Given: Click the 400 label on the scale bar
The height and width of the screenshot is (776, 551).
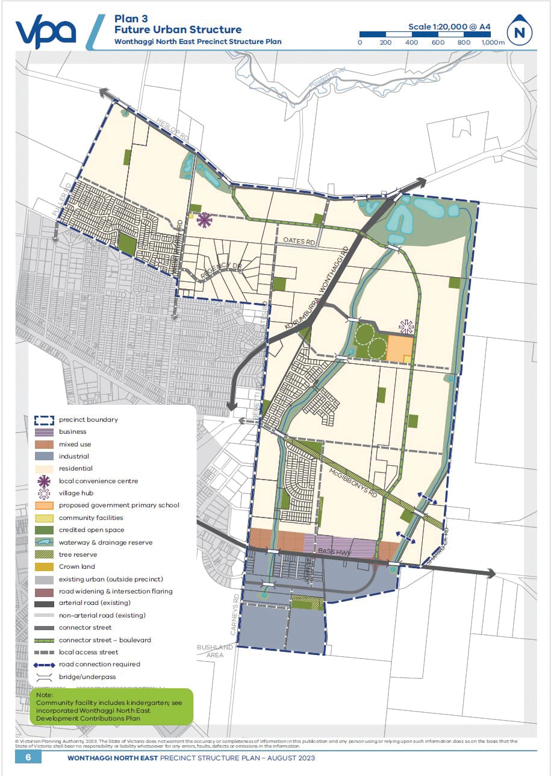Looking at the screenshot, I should point(411,43).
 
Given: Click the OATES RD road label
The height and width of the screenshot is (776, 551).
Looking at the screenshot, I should point(299,242).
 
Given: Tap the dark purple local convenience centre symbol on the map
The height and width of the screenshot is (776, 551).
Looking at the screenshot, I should point(205,221).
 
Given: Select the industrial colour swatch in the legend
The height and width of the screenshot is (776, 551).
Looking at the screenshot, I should point(43,456).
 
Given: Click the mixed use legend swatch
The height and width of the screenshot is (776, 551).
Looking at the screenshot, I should point(43,444).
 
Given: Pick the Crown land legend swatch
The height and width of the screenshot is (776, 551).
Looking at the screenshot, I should point(43,566).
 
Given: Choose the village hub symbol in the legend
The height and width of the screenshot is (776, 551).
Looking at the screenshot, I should point(43,493).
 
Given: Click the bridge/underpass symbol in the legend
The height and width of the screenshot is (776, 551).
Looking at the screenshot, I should point(43,677).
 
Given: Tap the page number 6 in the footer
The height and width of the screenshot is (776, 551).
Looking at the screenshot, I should point(28,757).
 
